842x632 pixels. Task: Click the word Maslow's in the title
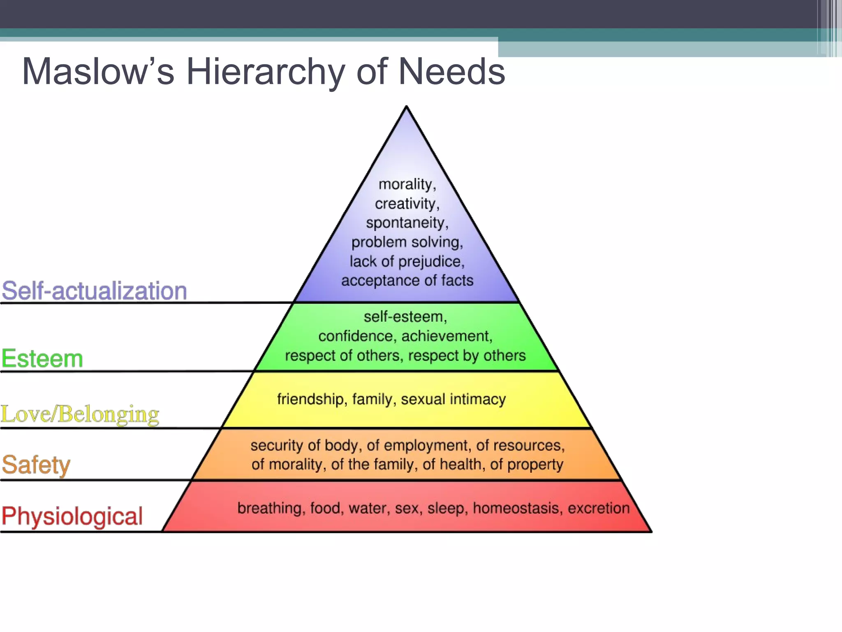pyautogui.click(x=98, y=72)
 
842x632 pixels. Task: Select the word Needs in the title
pyautogui.click(x=451, y=72)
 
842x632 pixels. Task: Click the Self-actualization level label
pyautogui.click(x=94, y=290)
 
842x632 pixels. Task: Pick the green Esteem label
pyautogui.click(x=42, y=358)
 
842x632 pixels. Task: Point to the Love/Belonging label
pyautogui.click(x=80, y=414)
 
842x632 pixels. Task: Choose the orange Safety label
pyautogui.click(x=36, y=465)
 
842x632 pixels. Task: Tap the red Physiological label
pyautogui.click(x=72, y=516)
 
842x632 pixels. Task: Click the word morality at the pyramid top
pyautogui.click(x=406, y=184)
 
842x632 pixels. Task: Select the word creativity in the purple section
pyautogui.click(x=406, y=204)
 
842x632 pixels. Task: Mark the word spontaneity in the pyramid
pyautogui.click(x=406, y=223)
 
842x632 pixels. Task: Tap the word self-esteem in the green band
pyautogui.click(x=405, y=317)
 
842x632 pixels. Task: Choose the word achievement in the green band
pyautogui.click(x=446, y=336)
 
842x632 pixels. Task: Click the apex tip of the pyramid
pyautogui.click(x=406, y=107)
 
